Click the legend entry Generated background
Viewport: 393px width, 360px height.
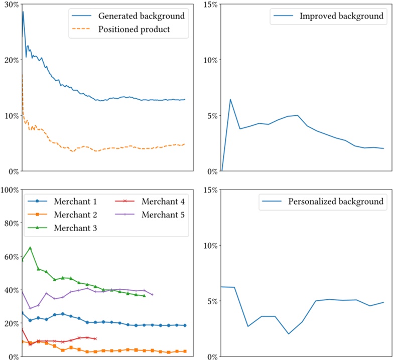click(x=141, y=16)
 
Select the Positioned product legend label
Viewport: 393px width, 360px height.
click(x=134, y=29)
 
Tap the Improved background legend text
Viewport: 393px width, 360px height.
click(x=341, y=16)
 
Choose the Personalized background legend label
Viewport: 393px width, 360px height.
click(x=336, y=202)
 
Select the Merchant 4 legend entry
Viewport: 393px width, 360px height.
click(x=163, y=202)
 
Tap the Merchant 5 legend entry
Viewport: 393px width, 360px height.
click(x=163, y=215)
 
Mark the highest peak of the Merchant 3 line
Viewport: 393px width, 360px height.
click(x=30, y=248)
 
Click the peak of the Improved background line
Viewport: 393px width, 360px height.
click(x=230, y=99)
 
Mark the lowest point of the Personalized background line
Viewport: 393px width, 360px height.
click(x=289, y=334)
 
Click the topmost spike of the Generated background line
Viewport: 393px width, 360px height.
click(x=23, y=12)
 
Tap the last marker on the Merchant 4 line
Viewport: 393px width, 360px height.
click(x=95, y=338)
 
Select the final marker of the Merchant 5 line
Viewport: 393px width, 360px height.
click(x=152, y=294)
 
